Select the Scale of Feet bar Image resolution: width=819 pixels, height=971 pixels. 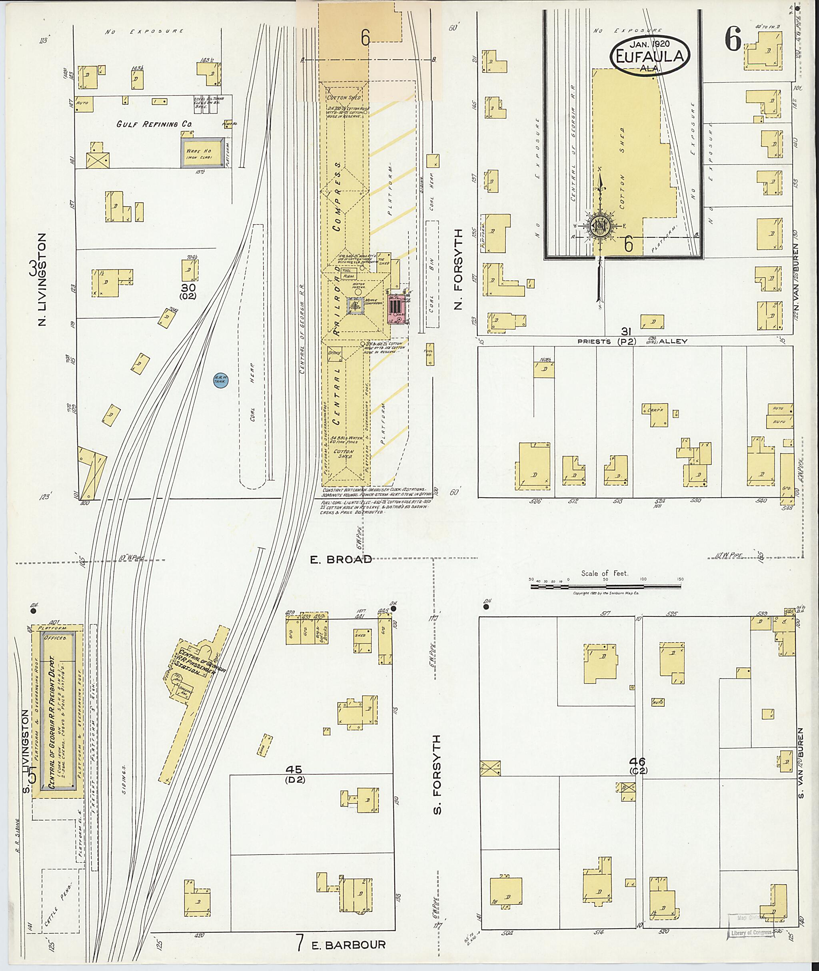point(605,587)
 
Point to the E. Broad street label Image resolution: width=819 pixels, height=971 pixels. point(341,559)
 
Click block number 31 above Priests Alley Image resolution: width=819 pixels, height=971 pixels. point(626,331)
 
